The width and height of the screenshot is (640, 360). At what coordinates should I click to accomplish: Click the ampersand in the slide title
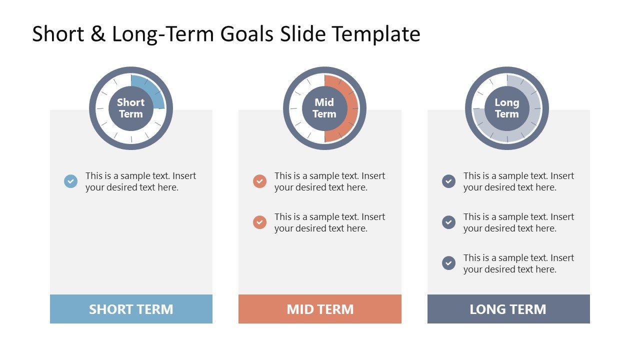click(x=98, y=33)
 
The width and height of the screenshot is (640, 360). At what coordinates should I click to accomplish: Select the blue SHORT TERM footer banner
click(x=131, y=309)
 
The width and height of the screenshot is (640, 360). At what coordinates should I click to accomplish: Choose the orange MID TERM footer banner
click(x=320, y=309)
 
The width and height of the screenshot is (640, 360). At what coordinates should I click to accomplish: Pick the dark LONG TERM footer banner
click(x=508, y=309)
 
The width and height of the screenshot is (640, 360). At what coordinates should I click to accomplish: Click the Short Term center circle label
click(x=131, y=108)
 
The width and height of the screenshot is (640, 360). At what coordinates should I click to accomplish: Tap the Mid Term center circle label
click(x=324, y=108)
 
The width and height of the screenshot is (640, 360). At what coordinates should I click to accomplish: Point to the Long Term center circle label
click(x=507, y=108)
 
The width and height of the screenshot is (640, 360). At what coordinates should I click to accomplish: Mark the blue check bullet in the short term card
click(x=70, y=181)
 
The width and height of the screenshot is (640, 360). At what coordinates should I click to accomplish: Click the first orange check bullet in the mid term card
click(x=259, y=181)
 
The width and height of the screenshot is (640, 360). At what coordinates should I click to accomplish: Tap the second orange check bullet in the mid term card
click(x=259, y=222)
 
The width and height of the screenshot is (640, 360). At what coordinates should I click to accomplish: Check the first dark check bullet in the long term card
click(x=448, y=181)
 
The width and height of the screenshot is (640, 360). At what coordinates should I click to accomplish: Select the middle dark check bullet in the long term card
click(x=448, y=222)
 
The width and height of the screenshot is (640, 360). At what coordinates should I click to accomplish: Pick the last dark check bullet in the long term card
click(x=448, y=263)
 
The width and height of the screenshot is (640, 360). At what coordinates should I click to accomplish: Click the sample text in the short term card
click(x=140, y=181)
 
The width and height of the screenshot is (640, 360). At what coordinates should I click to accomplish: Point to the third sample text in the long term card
click(x=518, y=263)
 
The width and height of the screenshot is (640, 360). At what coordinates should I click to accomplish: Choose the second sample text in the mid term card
click(x=329, y=222)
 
